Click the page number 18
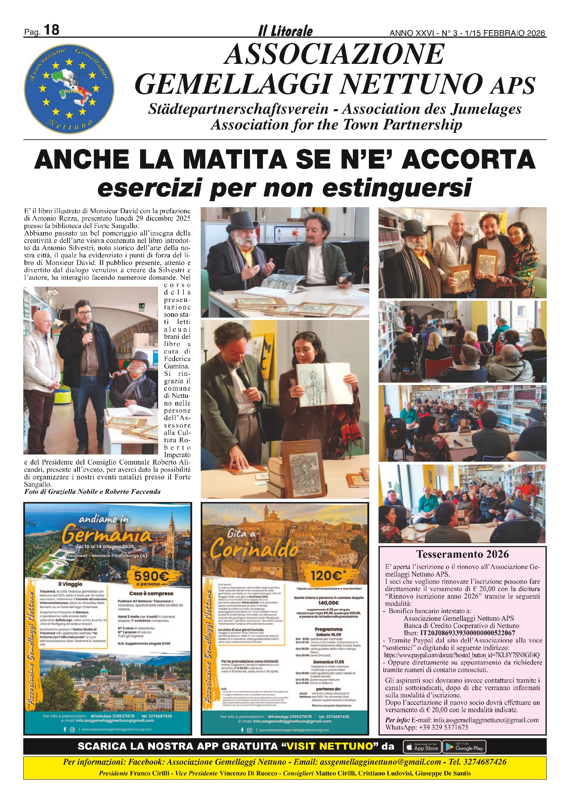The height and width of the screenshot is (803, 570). (51, 30)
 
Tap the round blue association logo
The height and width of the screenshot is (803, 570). (69, 89)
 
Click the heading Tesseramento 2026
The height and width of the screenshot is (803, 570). (462, 554)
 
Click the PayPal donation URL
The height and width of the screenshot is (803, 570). (462, 655)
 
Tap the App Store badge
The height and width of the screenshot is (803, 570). (422, 747)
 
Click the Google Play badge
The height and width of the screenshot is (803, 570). (464, 747)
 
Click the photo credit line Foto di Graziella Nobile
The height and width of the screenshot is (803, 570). (92, 492)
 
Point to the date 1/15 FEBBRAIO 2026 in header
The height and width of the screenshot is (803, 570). (505, 33)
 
